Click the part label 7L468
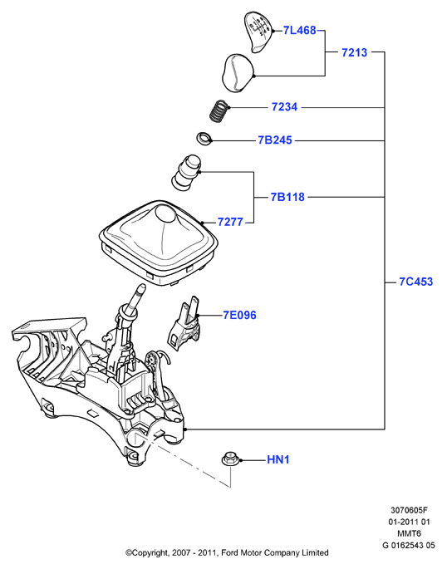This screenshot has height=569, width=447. [299, 31]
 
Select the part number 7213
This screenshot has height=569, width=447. [354, 52]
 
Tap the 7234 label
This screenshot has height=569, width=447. [284, 107]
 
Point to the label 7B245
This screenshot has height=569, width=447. [275, 140]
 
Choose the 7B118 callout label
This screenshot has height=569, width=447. [287, 197]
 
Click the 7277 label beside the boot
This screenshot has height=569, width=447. [230, 222]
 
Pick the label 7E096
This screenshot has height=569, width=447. [239, 316]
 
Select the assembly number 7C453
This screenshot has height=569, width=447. [415, 282]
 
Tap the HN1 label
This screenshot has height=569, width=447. [278, 460]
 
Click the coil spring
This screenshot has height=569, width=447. [219, 110]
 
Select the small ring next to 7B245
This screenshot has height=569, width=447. [204, 138]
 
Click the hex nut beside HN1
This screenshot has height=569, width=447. [229, 459]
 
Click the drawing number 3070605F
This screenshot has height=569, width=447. [409, 510]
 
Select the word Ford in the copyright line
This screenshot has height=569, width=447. [230, 553]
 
